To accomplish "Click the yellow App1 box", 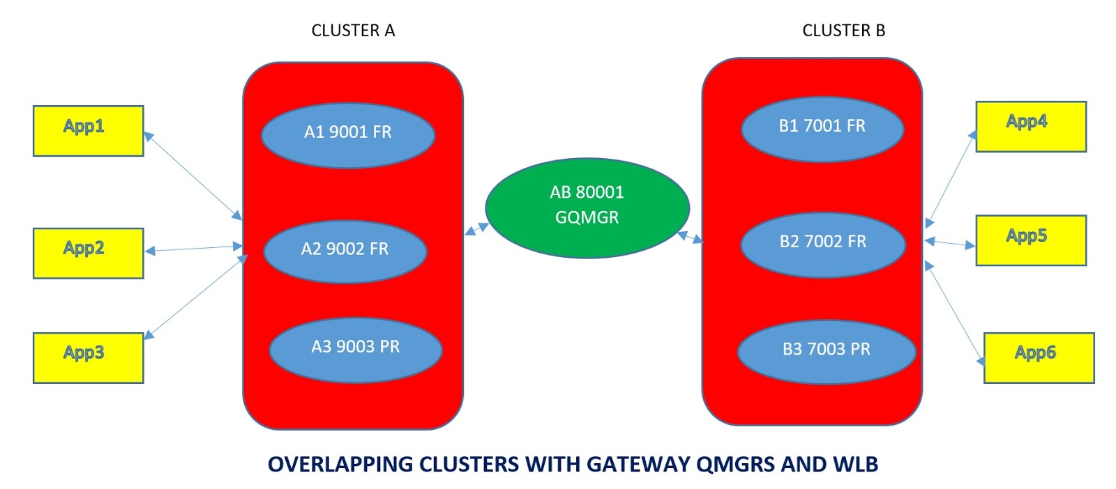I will coord(88,131).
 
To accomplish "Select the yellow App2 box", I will coord(88,253).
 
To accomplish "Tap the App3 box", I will coord(88,357).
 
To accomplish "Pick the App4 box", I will coord(1030,126).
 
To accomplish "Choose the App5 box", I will coord(1030,240).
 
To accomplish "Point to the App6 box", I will coord(1038,357).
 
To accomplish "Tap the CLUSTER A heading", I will coord(353,31).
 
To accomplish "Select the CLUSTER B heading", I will coord(843,31).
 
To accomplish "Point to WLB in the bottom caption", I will coord(854,464).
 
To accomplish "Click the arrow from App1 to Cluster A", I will coord(193,176).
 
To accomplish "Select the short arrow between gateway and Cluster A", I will coord(476,228).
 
